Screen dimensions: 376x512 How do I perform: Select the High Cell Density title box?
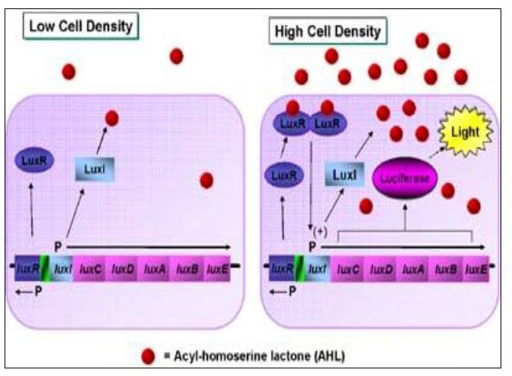[x=327, y=32]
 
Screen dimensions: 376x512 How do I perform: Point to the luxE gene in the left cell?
[x=218, y=269]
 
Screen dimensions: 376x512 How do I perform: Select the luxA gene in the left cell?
[x=155, y=269]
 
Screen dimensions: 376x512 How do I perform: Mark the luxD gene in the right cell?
[x=381, y=269]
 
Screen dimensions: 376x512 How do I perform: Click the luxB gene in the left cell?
[x=187, y=269]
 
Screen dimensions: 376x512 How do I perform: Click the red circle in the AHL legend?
[x=149, y=355]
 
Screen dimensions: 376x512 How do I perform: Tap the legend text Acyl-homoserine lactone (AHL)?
[x=256, y=355]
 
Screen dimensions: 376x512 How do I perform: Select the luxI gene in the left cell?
[x=62, y=269]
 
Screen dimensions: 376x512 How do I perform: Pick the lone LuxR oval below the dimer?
[x=280, y=175]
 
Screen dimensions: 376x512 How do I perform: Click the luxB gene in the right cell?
[x=445, y=269]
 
